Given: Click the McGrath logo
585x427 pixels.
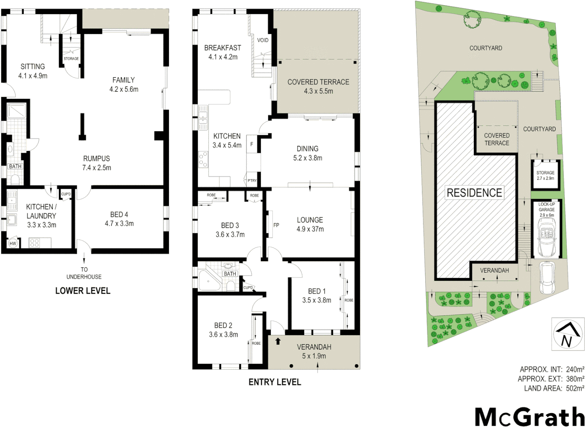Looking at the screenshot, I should (529, 416).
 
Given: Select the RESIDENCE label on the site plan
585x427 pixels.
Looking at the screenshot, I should (474, 193).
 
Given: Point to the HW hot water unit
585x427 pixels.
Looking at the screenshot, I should (13, 244).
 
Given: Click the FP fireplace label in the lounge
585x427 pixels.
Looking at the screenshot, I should (276, 225).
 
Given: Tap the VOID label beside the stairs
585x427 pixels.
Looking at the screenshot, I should (263, 40).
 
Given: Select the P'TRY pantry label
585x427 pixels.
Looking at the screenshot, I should (252, 181).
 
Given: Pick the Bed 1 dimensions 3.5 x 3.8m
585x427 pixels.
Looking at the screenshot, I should (316, 300).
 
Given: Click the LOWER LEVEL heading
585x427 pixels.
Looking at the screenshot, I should (83, 291).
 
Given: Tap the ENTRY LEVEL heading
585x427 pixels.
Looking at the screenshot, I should (275, 382).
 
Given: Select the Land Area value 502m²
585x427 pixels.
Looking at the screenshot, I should (575, 388).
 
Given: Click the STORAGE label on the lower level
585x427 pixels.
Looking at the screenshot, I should (71, 59).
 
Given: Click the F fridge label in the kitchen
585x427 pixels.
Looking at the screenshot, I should (252, 145).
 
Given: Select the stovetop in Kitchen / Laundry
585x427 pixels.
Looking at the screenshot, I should (34, 243).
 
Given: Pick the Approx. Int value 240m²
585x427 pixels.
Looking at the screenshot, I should (575, 369).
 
